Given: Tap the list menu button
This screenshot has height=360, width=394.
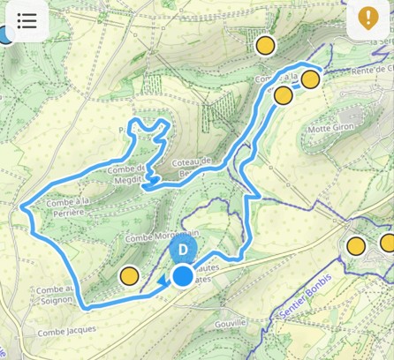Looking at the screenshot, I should pos(27,19).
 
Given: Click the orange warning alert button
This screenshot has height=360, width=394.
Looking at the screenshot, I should pos(368,19).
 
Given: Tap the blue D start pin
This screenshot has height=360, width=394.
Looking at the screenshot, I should pos(182,250).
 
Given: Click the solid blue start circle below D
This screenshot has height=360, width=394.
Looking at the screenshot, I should pos(183,277).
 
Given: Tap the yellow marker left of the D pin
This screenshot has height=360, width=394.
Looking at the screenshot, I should pos(130,276).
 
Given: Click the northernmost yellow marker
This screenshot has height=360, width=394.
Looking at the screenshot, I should pos(265,45).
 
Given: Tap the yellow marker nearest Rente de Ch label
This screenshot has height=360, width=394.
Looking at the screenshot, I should pos(310,79).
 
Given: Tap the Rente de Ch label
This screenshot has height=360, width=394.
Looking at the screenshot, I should pos(359,71).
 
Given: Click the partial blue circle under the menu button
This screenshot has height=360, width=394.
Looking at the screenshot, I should pos(6,35).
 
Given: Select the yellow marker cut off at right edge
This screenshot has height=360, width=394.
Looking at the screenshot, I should pos(387,243).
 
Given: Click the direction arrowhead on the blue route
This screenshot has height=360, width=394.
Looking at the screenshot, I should pos(164,281).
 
